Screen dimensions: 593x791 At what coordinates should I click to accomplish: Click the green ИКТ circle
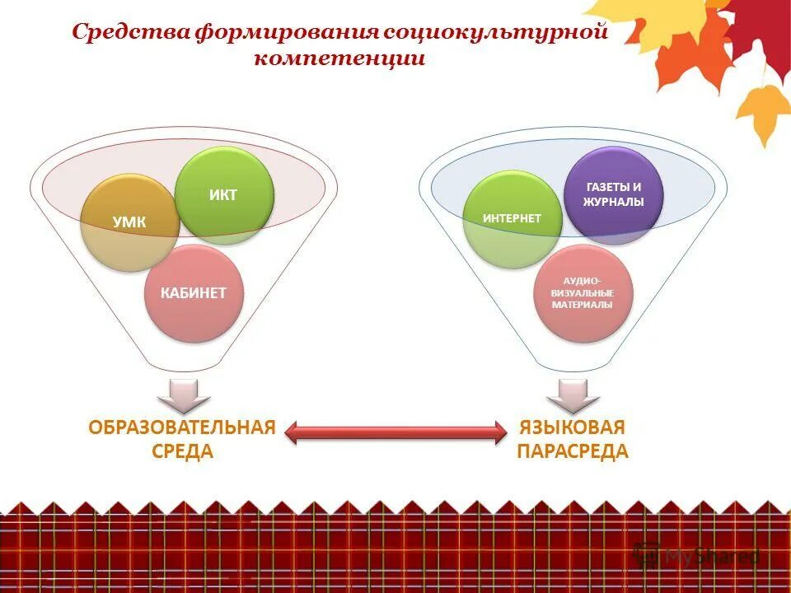pyautogui.click(x=224, y=194)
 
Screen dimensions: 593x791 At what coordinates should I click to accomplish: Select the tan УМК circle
pyautogui.click(x=129, y=222)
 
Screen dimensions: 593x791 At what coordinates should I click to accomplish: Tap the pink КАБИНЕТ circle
pyautogui.click(x=194, y=292)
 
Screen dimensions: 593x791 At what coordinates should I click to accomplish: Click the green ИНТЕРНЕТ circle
pyautogui.click(x=512, y=218)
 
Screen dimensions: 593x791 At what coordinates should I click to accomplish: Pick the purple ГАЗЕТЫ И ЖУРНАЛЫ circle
pyautogui.click(x=613, y=194)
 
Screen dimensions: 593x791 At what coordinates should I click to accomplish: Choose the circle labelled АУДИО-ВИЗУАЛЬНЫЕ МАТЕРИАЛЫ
pyautogui.click(x=582, y=292)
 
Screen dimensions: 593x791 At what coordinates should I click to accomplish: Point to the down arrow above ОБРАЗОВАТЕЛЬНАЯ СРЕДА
pyautogui.click(x=183, y=396)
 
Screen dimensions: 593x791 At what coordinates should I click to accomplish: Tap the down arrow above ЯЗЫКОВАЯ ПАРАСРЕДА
pyautogui.click(x=573, y=396)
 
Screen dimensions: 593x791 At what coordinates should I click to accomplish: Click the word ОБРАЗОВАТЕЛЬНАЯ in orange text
pyautogui.click(x=182, y=428)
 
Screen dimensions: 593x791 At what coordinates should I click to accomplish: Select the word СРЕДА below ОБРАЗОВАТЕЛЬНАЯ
pyautogui.click(x=183, y=451)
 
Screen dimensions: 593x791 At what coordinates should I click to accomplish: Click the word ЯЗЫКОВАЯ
pyautogui.click(x=573, y=428)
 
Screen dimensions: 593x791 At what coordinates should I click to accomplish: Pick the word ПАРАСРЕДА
pyautogui.click(x=573, y=451)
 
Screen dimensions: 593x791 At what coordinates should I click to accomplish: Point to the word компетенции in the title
pyautogui.click(x=339, y=59)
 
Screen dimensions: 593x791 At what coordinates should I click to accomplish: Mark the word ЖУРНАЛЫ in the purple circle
pyautogui.click(x=614, y=203)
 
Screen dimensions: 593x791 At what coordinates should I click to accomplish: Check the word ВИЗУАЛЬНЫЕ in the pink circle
pyautogui.click(x=583, y=293)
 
